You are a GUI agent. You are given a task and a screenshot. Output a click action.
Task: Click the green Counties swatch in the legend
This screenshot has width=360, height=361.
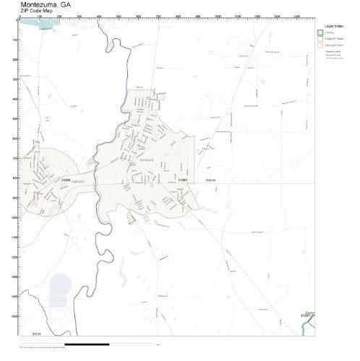tap(320, 32)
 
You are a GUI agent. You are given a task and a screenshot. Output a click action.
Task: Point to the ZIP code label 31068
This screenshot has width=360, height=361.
tap(66, 179)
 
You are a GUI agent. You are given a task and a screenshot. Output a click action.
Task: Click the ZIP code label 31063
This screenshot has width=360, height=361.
tap(184, 179)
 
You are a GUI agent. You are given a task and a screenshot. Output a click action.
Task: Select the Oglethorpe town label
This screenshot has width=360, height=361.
tap(78, 181)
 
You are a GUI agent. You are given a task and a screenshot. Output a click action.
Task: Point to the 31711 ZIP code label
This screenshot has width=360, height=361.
tap(36, 334)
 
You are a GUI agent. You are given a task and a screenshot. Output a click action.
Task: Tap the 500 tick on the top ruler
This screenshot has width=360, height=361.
tap(117, 17)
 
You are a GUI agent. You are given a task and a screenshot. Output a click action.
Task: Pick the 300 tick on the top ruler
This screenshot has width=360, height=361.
tap(78, 17)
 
